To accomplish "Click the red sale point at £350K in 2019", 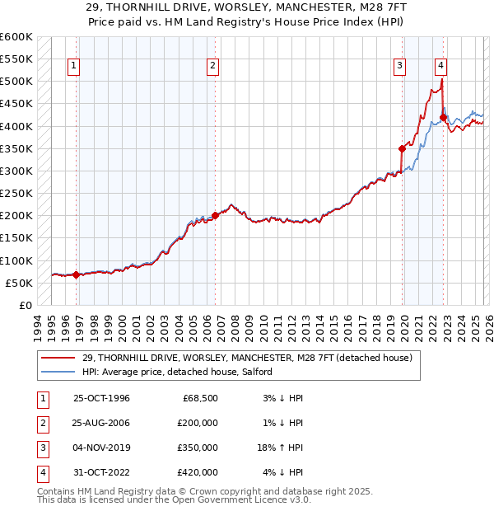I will (403, 148).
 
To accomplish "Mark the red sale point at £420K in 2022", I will (443, 117).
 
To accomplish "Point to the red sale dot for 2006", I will (215, 216).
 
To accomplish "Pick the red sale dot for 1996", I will (77, 274).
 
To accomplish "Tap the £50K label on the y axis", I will (18, 284).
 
